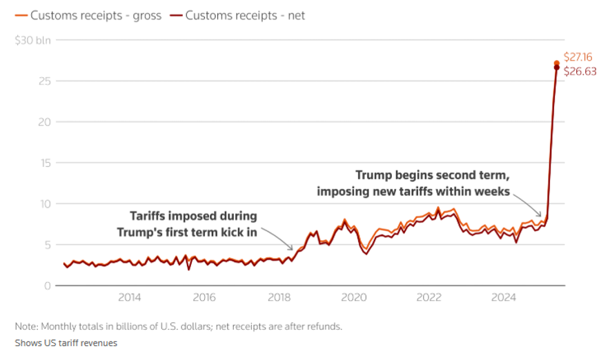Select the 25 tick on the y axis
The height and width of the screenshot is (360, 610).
(x=44, y=81)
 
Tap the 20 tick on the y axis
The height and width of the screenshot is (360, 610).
(x=44, y=122)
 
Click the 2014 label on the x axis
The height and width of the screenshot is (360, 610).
(x=129, y=297)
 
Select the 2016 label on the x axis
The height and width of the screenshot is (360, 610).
(x=204, y=297)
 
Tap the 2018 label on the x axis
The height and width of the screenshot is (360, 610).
(x=279, y=297)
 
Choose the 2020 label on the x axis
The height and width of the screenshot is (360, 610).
(x=354, y=297)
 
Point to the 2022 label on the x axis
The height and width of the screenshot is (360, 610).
(x=429, y=297)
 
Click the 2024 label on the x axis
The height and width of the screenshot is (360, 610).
(x=504, y=297)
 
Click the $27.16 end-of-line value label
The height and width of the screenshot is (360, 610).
(x=578, y=57)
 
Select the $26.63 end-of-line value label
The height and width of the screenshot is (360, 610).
(x=578, y=70)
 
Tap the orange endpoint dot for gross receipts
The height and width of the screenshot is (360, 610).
(x=557, y=63)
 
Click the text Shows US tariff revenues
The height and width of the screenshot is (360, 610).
(x=66, y=343)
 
